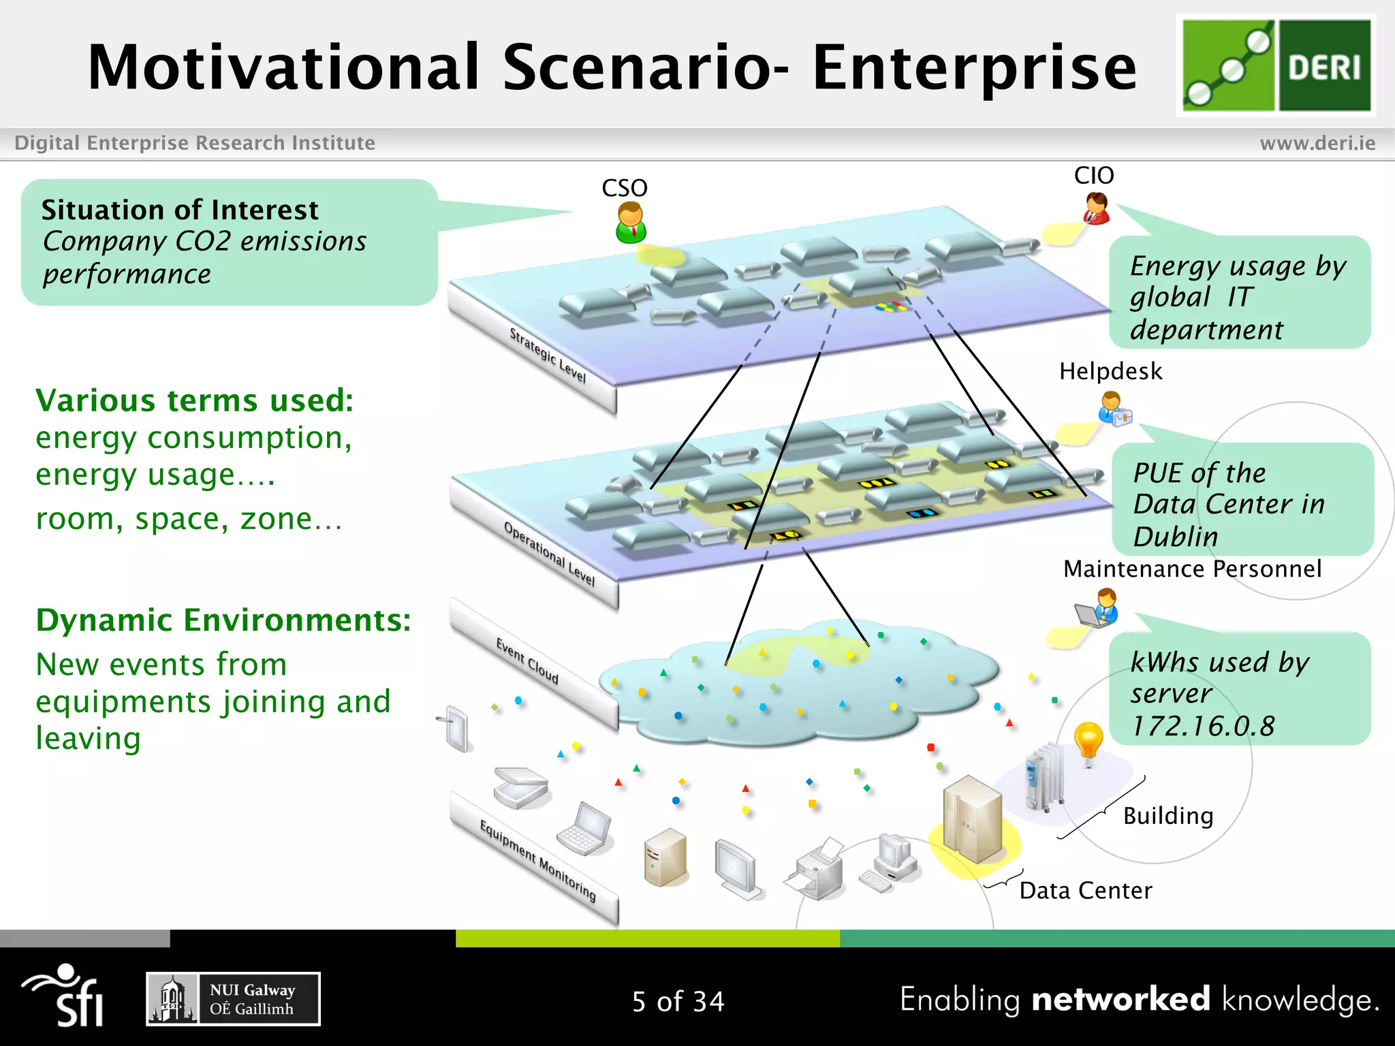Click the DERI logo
[1276, 65]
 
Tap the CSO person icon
[630, 223]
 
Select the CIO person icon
[1097, 208]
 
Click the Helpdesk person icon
[1114, 409]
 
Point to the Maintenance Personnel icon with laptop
[1099, 607]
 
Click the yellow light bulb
[1088, 742]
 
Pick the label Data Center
[1085, 890]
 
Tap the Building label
[1168, 815]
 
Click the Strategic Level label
[548, 355]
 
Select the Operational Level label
[549, 553]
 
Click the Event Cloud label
[527, 661]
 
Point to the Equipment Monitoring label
[537, 861]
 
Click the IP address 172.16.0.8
[1202, 726]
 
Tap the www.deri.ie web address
[1317, 143]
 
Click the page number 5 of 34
[678, 1001]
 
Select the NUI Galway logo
[233, 999]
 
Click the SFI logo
[65, 996]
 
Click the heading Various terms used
[195, 400]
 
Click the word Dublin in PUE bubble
[1175, 537]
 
